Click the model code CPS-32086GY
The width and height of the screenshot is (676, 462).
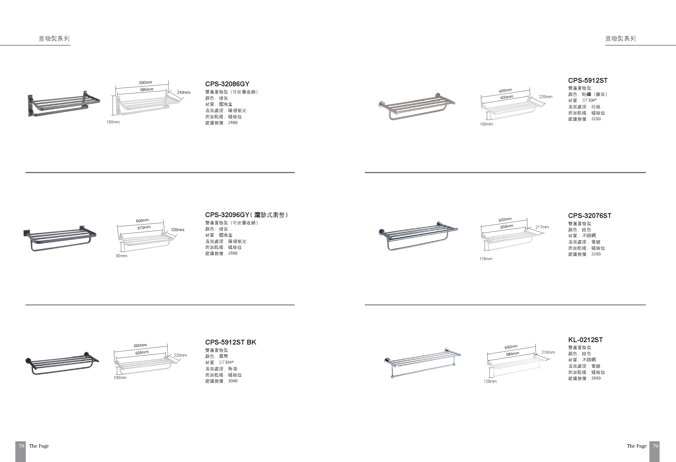pos(227,84)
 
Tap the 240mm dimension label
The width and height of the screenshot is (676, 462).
pos(184,92)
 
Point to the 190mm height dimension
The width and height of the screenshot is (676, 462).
pos(113,122)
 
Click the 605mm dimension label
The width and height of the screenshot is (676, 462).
pos(142,221)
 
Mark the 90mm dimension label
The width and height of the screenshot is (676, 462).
pos(122,256)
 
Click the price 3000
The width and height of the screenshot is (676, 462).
pos(233,381)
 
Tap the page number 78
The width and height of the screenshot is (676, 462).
pos(21,446)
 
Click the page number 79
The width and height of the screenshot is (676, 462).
pos(655,446)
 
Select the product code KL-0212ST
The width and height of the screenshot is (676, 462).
pos(585,340)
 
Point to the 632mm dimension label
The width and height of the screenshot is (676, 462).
pos(511,347)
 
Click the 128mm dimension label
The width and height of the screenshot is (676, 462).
pos(490,381)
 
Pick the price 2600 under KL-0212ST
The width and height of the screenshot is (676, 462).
pos(596,378)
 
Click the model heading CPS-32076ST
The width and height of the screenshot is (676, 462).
pos(589,216)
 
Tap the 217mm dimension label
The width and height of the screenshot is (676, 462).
pos(542,227)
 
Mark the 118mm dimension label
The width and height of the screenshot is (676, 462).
pos(486,259)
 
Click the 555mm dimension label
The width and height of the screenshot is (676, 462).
pos(507,226)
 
